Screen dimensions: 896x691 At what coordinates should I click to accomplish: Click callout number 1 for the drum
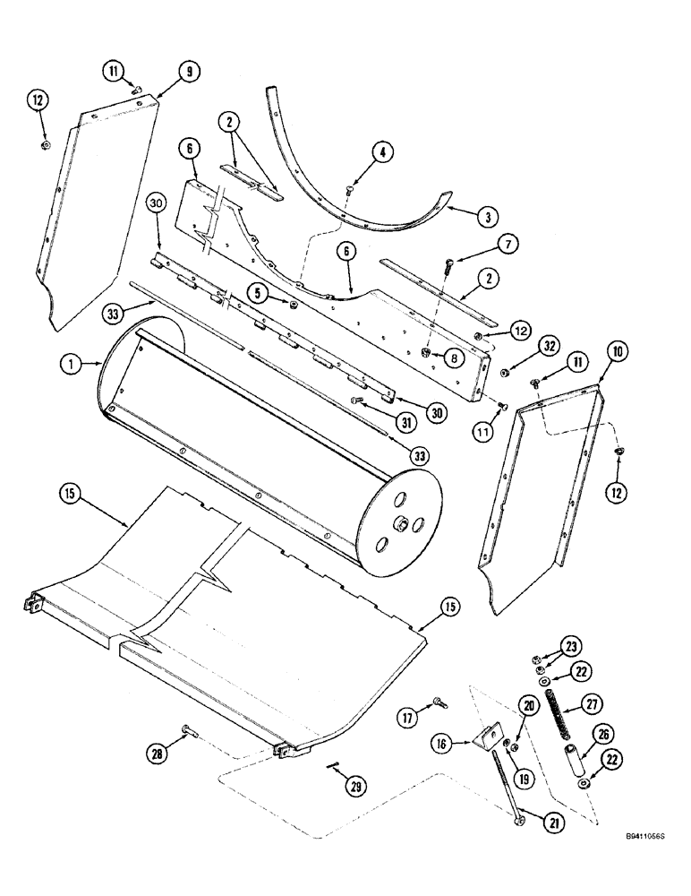(x=67, y=364)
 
